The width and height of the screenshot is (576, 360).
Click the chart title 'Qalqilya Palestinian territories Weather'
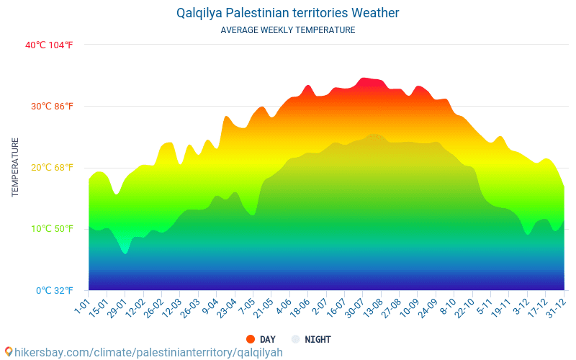coord(287,13)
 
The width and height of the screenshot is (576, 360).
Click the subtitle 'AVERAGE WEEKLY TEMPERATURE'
coord(287,30)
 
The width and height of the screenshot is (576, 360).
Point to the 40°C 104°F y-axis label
coord(49,45)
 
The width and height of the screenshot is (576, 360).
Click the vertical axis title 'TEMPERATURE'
coord(15,168)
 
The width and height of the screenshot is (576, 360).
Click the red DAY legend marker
coord(251,339)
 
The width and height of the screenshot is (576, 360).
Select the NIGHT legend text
coord(318,339)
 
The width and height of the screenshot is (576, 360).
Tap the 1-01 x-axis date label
coord(81,307)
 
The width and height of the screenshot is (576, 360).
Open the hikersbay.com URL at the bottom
coord(148,352)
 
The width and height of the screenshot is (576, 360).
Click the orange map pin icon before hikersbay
coord(9,352)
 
